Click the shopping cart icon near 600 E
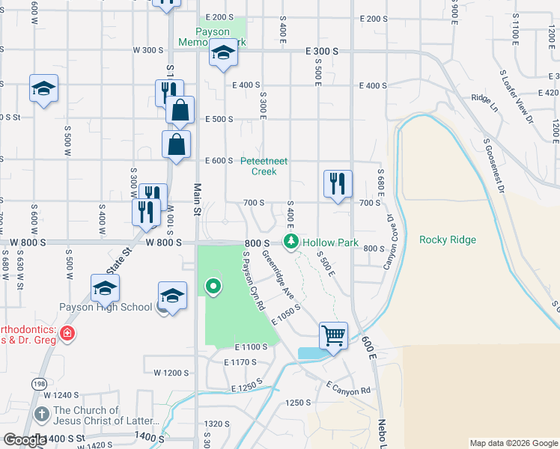(x=333, y=335)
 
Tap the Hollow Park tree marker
(x=290, y=242)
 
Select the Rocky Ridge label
(x=447, y=239)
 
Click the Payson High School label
(x=106, y=307)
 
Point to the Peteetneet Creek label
(x=264, y=166)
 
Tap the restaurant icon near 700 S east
(x=338, y=183)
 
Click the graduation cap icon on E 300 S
(x=223, y=55)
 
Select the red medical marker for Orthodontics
(x=67, y=334)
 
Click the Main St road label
(x=198, y=199)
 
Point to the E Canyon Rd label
(x=348, y=387)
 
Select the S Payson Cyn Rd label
(x=255, y=280)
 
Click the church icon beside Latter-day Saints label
(x=40, y=413)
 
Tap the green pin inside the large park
(x=213, y=285)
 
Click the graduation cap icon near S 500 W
(x=43, y=89)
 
